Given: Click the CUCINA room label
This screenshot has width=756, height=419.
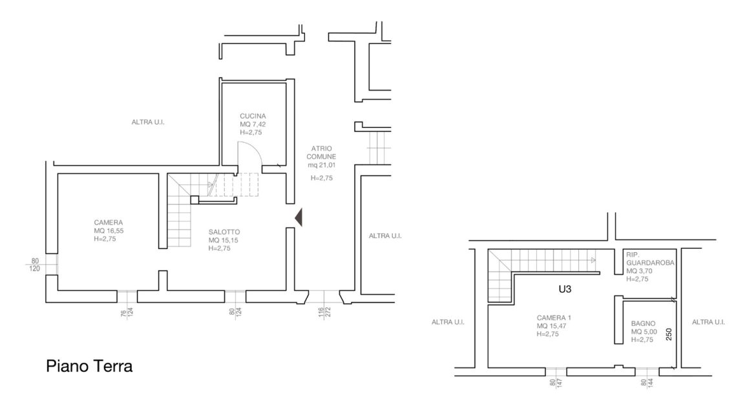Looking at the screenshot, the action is tap(253, 116).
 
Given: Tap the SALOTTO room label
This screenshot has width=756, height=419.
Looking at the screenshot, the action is tap(224, 231).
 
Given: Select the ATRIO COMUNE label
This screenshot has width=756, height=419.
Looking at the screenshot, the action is tap(322, 153).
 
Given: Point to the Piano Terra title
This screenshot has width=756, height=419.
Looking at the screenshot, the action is tap(89, 366).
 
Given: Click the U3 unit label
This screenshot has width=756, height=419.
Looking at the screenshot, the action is tap(565, 288).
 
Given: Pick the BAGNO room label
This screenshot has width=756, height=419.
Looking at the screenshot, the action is tap(643, 323).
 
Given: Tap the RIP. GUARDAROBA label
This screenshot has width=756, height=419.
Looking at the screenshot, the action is tap(650, 258).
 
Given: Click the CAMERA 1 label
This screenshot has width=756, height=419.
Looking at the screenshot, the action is tap(554, 317).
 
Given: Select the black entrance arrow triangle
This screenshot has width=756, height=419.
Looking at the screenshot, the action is tap(299, 217).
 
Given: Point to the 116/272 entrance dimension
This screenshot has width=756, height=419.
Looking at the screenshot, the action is tap(324, 312).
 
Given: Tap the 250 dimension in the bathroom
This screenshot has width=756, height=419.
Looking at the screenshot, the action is tap(669, 334).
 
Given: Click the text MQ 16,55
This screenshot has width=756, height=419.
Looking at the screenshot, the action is tap(109, 231).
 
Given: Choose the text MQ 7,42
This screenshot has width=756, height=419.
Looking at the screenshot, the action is tap(253, 124).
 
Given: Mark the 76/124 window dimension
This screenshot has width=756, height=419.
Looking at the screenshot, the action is tap(127, 312).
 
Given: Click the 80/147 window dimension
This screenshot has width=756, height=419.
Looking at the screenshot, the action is tap(556, 383).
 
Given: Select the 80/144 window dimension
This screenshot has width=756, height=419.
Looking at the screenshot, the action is tap(647, 382).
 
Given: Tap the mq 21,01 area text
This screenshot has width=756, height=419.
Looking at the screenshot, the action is tap(322, 165).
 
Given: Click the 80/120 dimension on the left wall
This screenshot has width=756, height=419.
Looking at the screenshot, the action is tap(35, 265).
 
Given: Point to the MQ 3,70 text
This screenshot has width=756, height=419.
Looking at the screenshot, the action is tap(639, 271).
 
